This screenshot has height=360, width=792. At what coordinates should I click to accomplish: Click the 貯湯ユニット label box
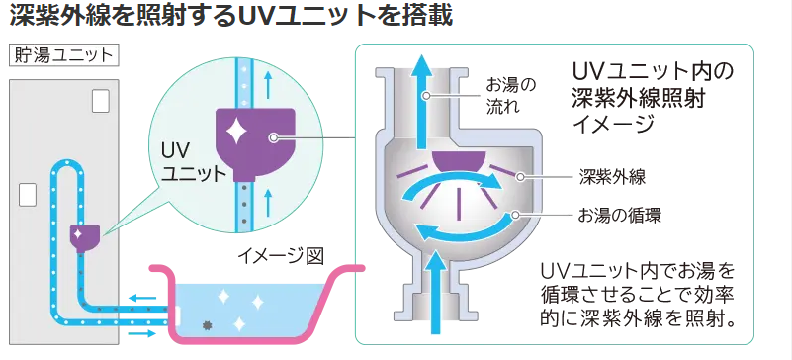pyautogui.click(x=63, y=55)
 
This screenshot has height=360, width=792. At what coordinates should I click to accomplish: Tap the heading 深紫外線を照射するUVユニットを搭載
pyautogui.click(x=230, y=17)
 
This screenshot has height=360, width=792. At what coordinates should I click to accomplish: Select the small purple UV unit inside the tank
pyautogui.click(x=85, y=237)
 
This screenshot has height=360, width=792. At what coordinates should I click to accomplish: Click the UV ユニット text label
pyautogui.click(x=193, y=161)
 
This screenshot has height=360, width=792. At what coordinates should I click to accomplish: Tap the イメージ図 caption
pyautogui.click(x=281, y=256)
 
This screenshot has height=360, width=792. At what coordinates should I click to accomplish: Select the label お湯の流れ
pyautogui.click(x=510, y=95)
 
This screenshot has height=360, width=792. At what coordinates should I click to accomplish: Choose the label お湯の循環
pyautogui.click(x=619, y=216)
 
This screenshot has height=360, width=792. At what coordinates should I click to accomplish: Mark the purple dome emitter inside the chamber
pyautogui.click(x=459, y=161)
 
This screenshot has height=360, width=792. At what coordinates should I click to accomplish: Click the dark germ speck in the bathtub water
pyautogui.click(x=206, y=325)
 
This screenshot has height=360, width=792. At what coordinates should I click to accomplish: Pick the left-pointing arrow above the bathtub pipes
pyautogui.click(x=141, y=298)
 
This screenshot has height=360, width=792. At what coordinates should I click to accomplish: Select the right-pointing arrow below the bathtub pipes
pyautogui.click(x=141, y=333)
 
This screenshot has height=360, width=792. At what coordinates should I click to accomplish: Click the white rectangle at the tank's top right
pyautogui.click(x=101, y=101)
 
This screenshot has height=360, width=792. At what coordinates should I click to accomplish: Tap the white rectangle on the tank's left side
pyautogui.click(x=28, y=195)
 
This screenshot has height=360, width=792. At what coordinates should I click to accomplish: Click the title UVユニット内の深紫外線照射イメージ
pyautogui.click(x=653, y=98)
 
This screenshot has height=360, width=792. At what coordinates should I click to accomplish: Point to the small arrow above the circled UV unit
pyautogui.click(x=268, y=84)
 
